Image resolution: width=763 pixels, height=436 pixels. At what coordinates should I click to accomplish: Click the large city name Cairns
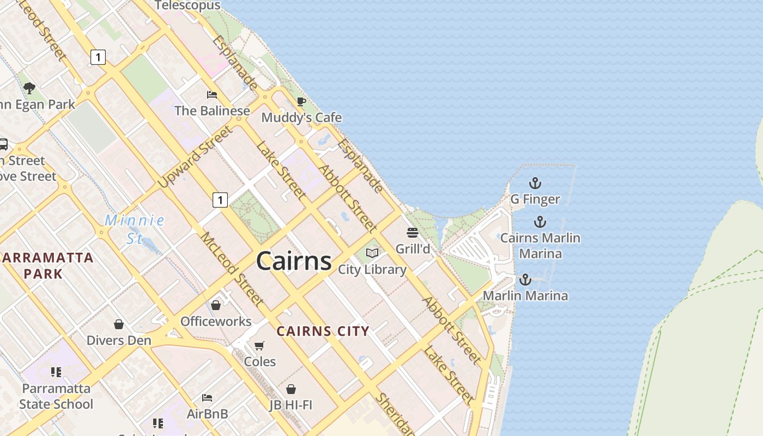pos(294,261)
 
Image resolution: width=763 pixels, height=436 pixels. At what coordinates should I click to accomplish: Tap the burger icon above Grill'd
pos(413,233)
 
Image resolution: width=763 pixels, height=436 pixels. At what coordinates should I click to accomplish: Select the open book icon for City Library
pos(372,253)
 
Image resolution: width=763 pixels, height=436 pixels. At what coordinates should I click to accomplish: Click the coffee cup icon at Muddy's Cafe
pos(301,101)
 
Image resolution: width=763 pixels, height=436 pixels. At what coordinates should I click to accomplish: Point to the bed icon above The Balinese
pos(212,95)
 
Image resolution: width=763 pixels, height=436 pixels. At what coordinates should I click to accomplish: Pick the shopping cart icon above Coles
pos(259,346)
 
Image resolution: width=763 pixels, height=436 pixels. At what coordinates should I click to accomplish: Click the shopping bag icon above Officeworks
pos(216,305)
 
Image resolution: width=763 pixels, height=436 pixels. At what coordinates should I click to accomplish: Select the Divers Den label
pos(119,341)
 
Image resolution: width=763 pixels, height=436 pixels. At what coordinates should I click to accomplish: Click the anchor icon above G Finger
pos(535,183)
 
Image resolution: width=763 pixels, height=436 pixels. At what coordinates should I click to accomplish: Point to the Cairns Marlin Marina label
pos(540,246)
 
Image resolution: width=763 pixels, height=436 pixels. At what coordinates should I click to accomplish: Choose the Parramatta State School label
pos(56,396)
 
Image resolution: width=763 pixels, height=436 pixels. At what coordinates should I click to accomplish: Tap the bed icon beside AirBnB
pos(207,398)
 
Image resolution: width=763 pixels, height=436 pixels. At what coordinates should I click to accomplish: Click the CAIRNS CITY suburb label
pos(323,331)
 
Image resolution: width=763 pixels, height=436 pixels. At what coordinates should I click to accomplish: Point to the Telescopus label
pos(187,5)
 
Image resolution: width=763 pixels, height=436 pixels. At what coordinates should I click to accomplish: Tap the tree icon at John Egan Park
pos(29,88)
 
